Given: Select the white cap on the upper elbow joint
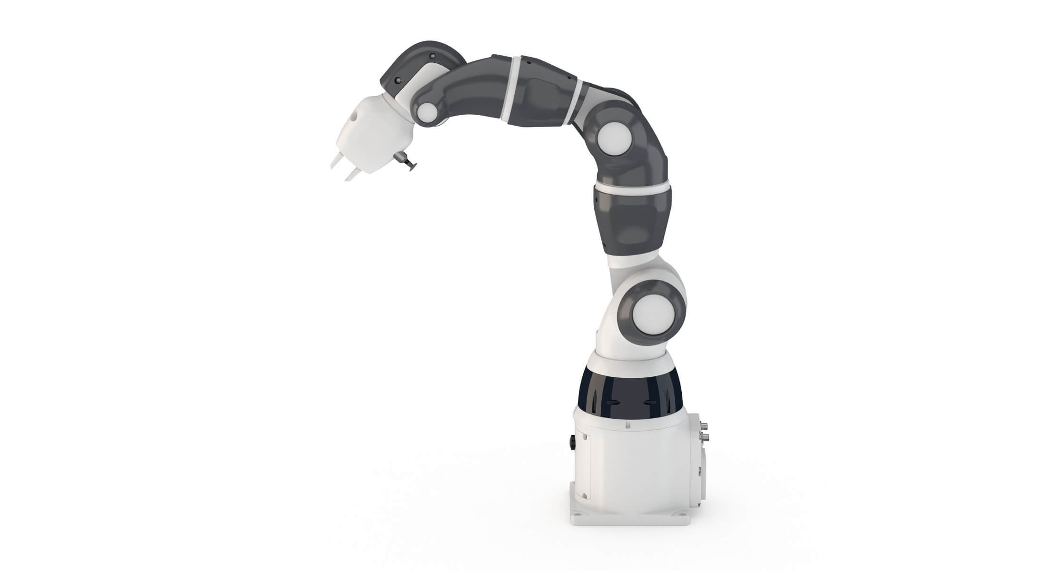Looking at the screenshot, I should (615, 138).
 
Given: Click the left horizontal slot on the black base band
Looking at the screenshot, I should (611, 403).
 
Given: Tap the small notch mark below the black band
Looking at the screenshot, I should (628, 423).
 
